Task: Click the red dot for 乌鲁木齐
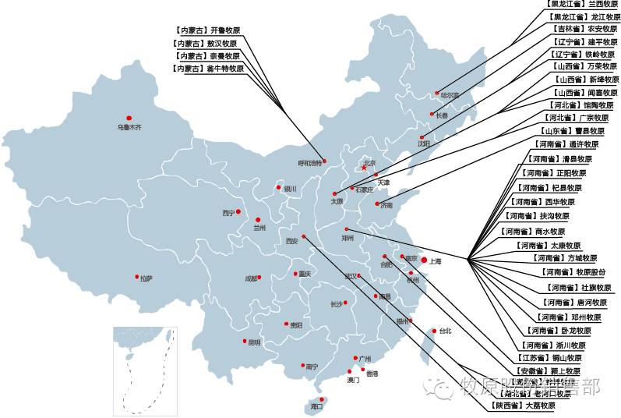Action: coord(129,119)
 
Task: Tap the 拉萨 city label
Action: coord(146,278)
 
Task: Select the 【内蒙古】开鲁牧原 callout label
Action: coord(206,30)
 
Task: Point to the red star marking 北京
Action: coord(363,167)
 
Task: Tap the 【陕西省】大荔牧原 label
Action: coord(524,406)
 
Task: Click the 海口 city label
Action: coord(316,407)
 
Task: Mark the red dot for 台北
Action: coord(433,330)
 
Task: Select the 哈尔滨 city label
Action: coord(450,95)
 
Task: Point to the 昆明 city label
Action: coord(255,342)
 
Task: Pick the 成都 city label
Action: coord(250,278)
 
